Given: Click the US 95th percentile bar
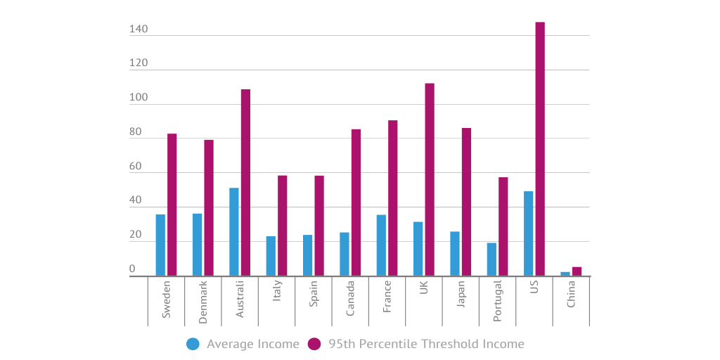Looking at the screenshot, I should pyautogui.click(x=540, y=149).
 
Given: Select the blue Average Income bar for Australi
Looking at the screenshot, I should pyautogui.click(x=234, y=232).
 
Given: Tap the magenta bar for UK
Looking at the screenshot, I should pyautogui.click(x=430, y=180).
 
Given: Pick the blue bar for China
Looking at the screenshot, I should pyautogui.click(x=565, y=274).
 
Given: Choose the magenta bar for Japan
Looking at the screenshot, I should pyautogui.click(x=466, y=202).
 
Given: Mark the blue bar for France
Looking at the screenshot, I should pyautogui.click(x=381, y=245).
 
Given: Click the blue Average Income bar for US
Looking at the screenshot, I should pyautogui.click(x=529, y=233).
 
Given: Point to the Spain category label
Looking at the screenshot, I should pyautogui.click(x=314, y=299).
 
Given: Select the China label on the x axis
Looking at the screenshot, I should pyautogui.click(x=571, y=294).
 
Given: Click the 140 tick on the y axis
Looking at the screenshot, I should pyautogui.click(x=139, y=30).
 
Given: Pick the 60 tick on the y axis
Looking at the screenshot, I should pyautogui.click(x=135, y=167).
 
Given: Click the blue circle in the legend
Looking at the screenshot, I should pyautogui.click(x=193, y=344).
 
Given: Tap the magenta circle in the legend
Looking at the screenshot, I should pyautogui.click(x=314, y=344).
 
